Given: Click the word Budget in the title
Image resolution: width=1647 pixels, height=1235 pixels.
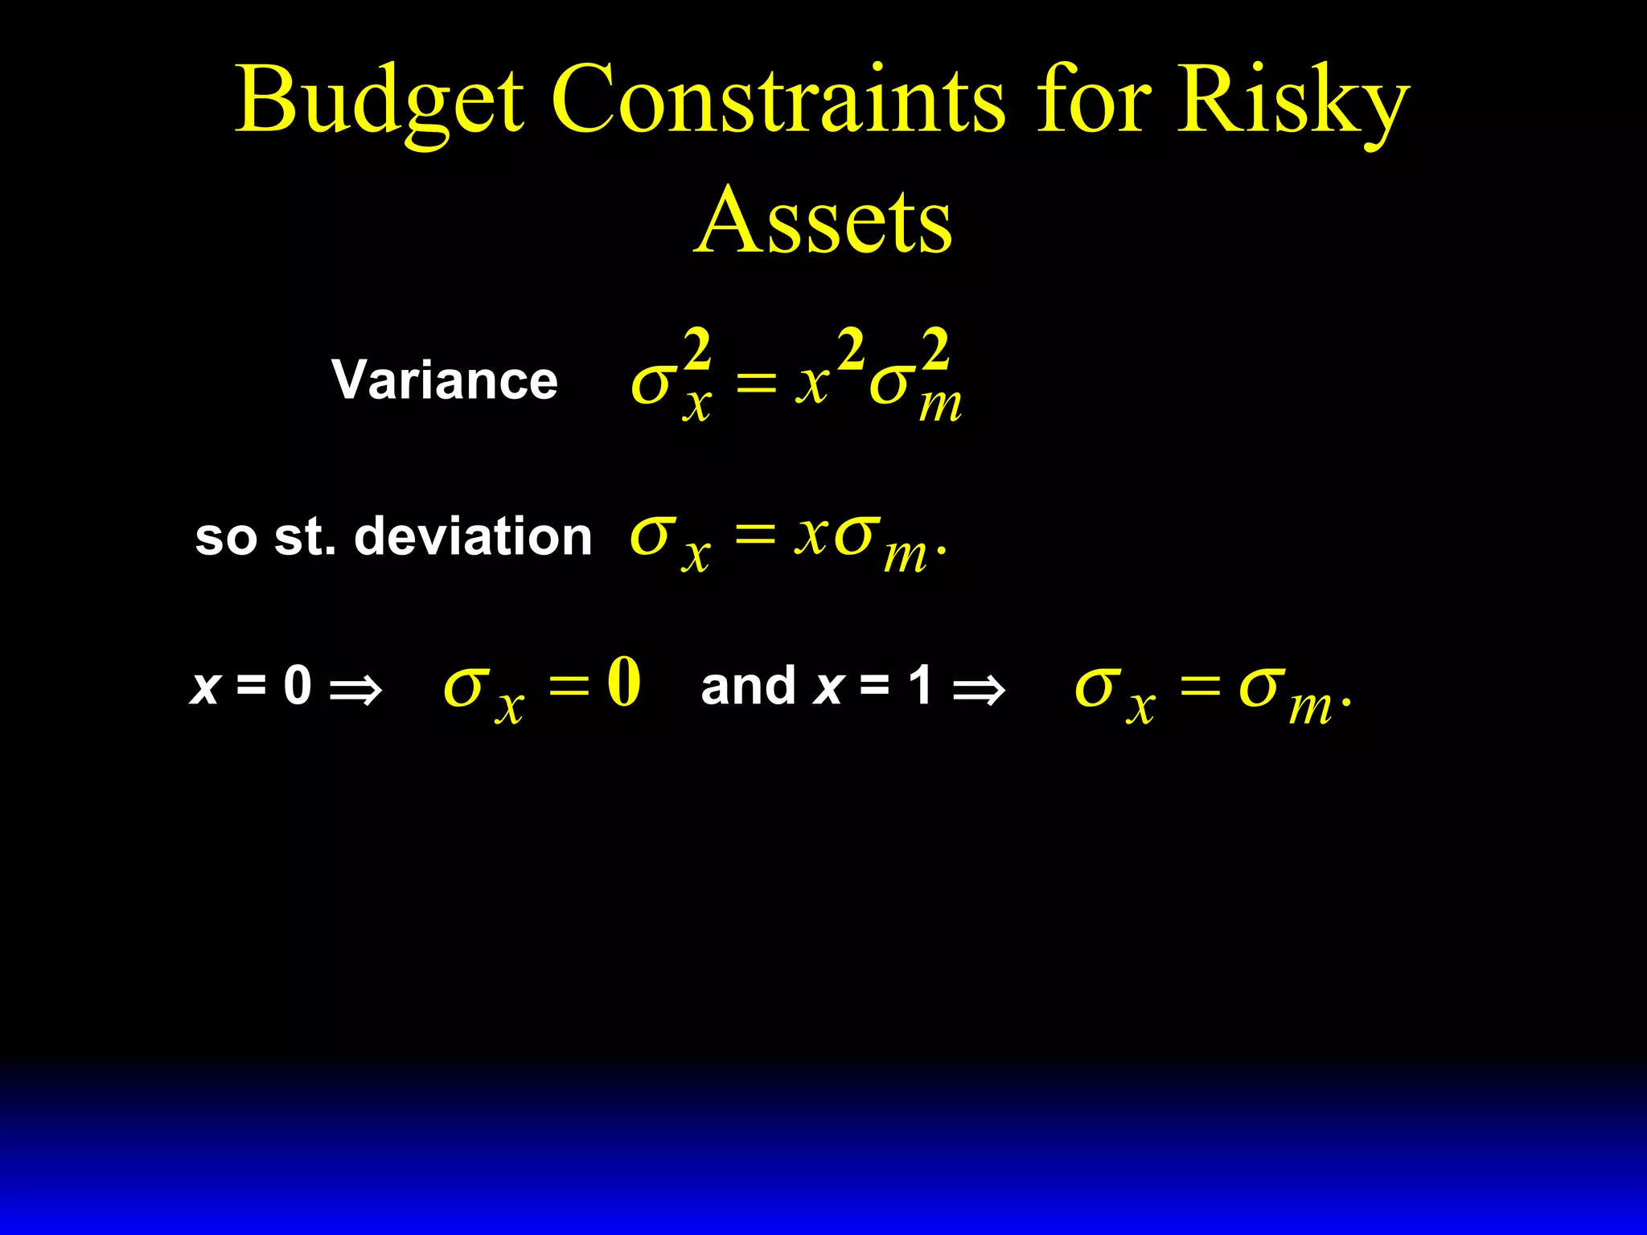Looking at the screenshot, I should [379, 101].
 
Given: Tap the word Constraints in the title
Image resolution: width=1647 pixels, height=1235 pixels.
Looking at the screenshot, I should [778, 101].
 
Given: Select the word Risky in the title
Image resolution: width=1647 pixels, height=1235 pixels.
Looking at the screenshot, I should [1292, 101].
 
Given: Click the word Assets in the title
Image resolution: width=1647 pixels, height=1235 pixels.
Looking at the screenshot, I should [823, 221].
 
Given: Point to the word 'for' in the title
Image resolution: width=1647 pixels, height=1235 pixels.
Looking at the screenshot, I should [1091, 101].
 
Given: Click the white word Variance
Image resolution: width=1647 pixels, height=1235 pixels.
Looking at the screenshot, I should [445, 380].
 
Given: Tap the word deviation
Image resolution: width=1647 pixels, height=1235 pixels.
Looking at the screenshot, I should [473, 536].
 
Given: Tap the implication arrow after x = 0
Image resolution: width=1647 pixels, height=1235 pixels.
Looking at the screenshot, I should [355, 690].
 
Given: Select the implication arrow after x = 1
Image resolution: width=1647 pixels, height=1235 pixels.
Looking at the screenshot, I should [978, 690].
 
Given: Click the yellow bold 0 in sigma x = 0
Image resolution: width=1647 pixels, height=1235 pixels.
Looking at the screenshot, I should [624, 682].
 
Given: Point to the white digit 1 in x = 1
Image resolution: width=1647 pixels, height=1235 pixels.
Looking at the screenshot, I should [921, 686].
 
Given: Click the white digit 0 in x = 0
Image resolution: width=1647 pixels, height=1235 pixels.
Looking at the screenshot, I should [298, 686].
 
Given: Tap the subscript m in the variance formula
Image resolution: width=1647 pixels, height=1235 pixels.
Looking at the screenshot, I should [940, 406].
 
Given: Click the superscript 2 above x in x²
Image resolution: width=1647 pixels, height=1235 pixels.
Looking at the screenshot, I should [850, 351].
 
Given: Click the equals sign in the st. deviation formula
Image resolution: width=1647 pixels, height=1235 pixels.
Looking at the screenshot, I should [754, 535].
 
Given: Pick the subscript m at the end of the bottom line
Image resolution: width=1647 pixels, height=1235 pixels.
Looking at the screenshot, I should [1310, 708].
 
